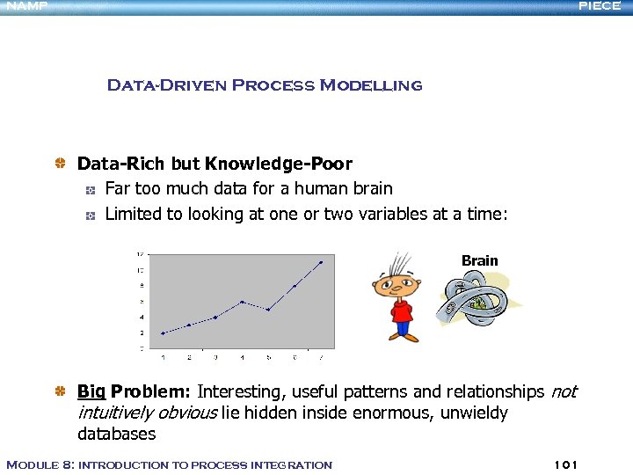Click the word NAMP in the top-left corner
click(x=24, y=6)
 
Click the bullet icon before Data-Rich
click(x=61, y=164)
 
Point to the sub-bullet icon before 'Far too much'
click(x=89, y=189)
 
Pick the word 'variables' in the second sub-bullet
click(x=367, y=213)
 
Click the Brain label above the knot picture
click(x=479, y=260)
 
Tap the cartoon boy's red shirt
click(x=403, y=312)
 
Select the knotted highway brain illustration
click(x=474, y=304)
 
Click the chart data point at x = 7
click(x=321, y=262)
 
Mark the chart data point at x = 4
click(x=242, y=302)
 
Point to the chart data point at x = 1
click(x=163, y=333)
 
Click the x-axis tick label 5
click(x=268, y=356)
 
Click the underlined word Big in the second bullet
click(x=91, y=391)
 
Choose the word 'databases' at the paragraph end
click(x=116, y=434)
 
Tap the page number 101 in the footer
click(x=566, y=464)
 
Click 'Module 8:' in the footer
click(x=40, y=464)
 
